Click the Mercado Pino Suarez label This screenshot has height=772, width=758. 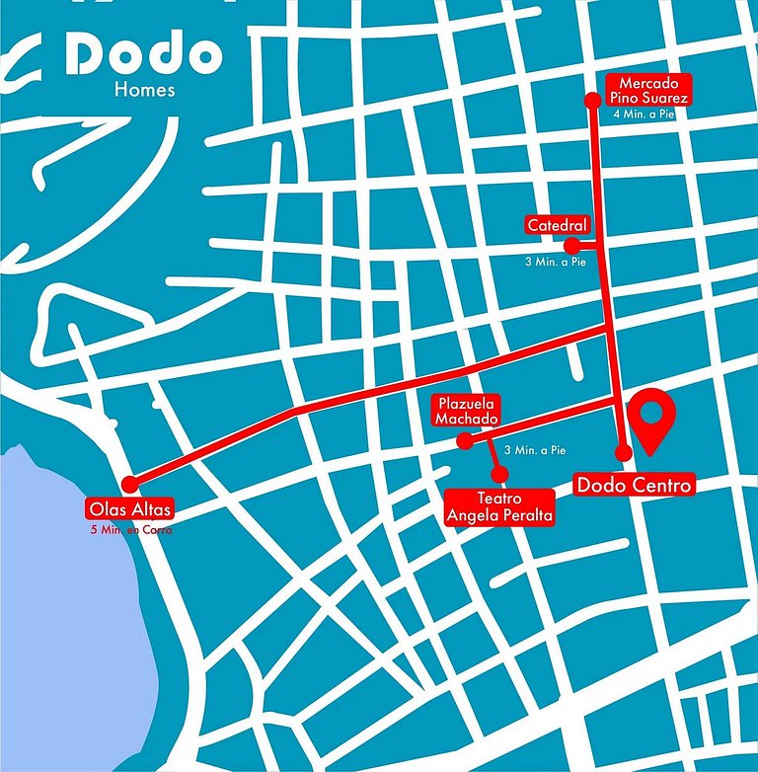tap(647, 90)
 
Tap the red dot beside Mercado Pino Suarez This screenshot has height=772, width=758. tap(592, 100)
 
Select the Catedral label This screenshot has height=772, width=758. tap(558, 226)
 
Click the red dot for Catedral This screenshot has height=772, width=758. tap(570, 245)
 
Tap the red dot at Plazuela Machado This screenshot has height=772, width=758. tap(466, 442)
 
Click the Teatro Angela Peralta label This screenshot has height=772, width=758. tap(498, 507)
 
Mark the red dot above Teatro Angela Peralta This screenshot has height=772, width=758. tap(499, 475)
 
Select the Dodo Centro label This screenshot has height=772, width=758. tap(635, 485)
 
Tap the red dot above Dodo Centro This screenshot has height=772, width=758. tap(623, 453)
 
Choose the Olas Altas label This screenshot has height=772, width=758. tap(130, 510)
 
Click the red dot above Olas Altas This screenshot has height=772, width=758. tap(129, 484)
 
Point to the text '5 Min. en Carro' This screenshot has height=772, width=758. tap(130, 530)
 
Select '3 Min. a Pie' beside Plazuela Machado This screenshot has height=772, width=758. tap(534, 450)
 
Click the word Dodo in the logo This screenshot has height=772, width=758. tap(143, 56)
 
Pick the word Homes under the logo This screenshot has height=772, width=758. tap(144, 91)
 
